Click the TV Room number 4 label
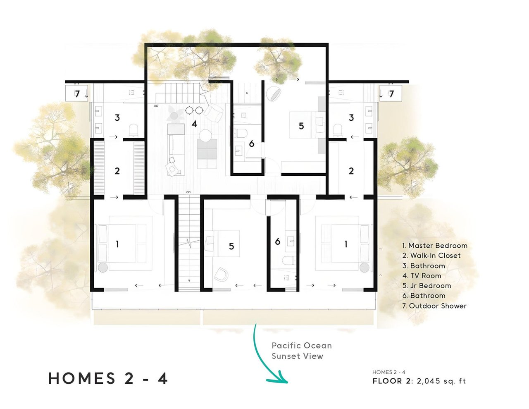click(x=194, y=124)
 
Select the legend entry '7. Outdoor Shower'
click(x=434, y=306)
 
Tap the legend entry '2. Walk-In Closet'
click(x=431, y=255)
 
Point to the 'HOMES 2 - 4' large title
click(x=108, y=378)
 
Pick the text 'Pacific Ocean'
click(x=302, y=345)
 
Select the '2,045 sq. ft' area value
click(x=441, y=380)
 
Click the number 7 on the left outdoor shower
click(x=77, y=94)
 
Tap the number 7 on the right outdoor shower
click(x=391, y=94)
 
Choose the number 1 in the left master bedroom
click(x=117, y=244)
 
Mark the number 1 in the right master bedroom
click(x=346, y=244)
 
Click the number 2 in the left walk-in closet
click(x=117, y=171)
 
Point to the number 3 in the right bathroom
click(x=351, y=118)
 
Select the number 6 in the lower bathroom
click(x=278, y=242)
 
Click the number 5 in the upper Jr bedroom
click(x=301, y=126)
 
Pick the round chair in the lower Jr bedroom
click(x=221, y=274)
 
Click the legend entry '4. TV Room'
click(x=422, y=275)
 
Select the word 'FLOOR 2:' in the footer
click(x=393, y=380)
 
